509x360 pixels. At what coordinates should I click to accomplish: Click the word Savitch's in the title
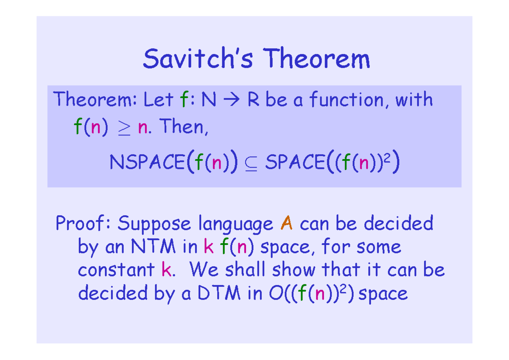(197, 59)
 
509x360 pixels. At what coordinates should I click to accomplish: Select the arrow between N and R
(231, 101)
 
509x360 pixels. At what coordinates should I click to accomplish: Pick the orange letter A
(287, 223)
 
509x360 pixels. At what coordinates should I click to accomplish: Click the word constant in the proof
(116, 270)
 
